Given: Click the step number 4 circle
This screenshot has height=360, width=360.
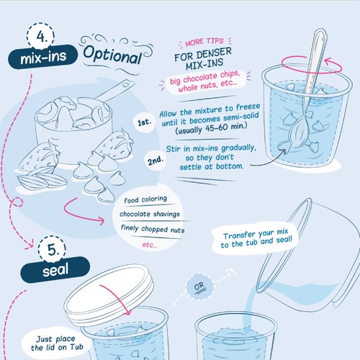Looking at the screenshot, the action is click(40, 37).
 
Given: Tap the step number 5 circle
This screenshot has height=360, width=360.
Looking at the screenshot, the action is click(52, 249).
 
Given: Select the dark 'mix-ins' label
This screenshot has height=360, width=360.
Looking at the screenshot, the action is click(43, 57).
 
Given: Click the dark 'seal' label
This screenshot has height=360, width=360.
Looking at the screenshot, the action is click(55, 270).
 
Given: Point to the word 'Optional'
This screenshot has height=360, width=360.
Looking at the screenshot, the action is click(112, 56).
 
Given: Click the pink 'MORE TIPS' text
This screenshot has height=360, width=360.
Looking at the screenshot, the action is click(204, 42).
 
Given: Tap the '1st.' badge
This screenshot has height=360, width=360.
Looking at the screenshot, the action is click(145, 122).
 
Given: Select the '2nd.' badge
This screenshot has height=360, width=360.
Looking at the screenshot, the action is click(156, 161).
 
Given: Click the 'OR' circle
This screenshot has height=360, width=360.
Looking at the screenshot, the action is click(199, 287).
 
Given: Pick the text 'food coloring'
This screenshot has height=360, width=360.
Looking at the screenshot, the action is click(145, 199).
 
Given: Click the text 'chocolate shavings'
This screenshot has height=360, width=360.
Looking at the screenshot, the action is click(150, 214).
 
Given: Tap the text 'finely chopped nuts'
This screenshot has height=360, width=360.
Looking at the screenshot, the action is click(153, 229).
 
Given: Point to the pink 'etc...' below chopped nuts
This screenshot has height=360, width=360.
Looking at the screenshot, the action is click(150, 245).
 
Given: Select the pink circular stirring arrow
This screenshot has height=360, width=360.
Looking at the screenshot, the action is click(311, 64).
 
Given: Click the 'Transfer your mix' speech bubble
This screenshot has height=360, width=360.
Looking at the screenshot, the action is click(256, 238).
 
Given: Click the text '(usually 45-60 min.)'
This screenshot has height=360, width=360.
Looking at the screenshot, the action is click(211, 128).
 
